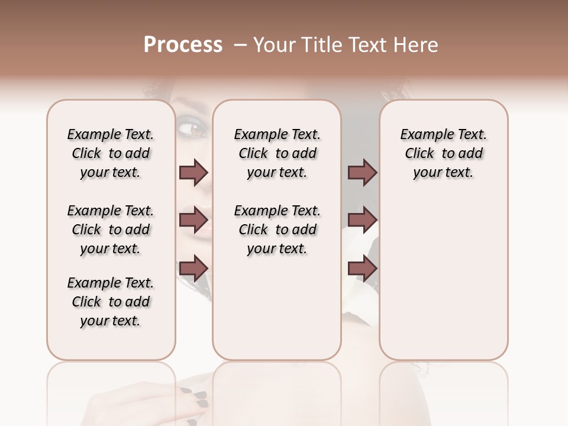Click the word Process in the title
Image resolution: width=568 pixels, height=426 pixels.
183,45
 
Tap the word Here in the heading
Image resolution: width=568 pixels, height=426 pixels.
417,45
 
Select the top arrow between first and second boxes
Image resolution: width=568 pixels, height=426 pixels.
193,173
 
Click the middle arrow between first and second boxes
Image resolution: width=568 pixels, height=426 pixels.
193,221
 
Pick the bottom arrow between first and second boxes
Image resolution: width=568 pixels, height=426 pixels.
193,268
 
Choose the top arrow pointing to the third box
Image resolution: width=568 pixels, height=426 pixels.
362,173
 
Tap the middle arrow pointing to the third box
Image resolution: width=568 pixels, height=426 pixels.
362,221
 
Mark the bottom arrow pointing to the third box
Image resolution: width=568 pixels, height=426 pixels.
362,268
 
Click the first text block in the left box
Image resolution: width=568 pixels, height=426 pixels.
111,153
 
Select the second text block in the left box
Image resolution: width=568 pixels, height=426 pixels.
111,230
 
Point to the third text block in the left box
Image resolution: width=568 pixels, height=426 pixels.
111,302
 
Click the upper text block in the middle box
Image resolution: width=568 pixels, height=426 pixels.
277,153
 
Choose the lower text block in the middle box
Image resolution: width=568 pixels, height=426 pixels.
277,230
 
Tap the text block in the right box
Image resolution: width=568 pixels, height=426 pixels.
443,153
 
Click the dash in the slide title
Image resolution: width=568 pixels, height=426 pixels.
240,46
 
